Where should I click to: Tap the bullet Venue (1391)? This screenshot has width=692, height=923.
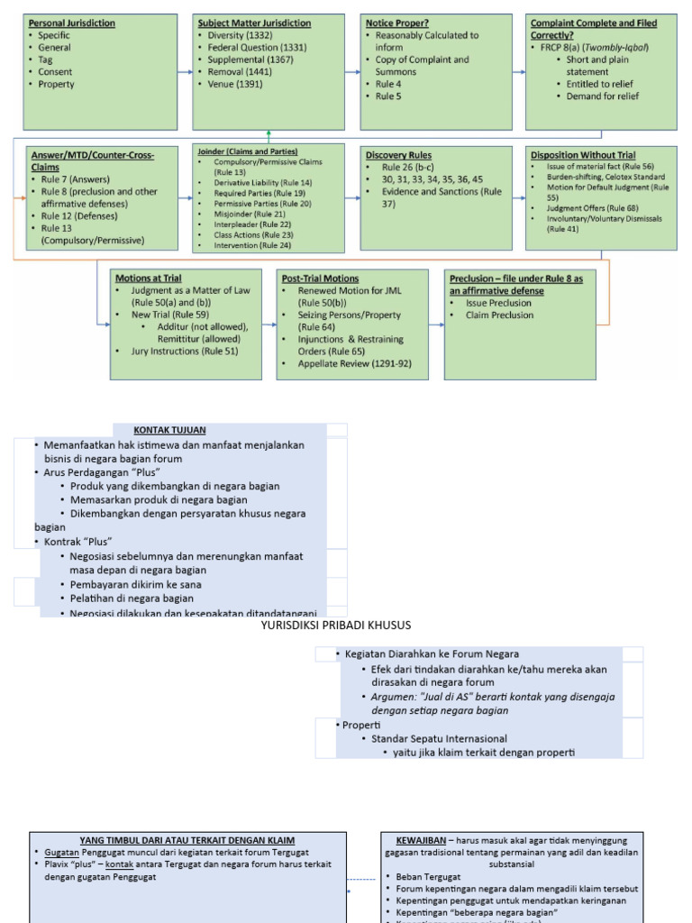click(237, 84)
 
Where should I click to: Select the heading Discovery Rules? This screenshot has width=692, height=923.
click(398, 155)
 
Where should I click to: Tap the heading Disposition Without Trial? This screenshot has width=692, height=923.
click(583, 155)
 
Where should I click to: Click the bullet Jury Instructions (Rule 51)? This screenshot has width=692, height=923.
click(185, 351)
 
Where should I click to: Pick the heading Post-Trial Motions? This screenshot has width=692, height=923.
click(320, 279)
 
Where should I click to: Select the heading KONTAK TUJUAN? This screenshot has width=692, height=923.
click(169, 430)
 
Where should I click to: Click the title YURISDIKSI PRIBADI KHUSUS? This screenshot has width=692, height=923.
click(335, 625)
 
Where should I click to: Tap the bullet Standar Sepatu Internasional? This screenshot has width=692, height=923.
click(439, 739)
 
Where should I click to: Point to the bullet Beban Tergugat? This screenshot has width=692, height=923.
click(428, 876)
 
